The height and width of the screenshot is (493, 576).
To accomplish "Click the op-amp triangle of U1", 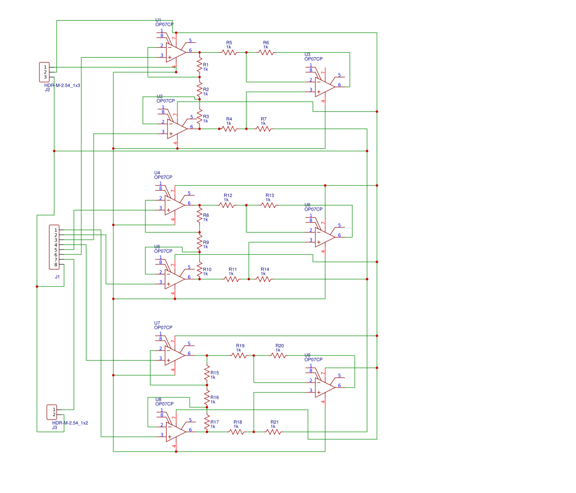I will (x=175, y=52).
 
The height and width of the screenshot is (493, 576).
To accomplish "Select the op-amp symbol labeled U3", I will (x=324, y=86).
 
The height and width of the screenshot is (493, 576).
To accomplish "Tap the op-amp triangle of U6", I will (x=324, y=237).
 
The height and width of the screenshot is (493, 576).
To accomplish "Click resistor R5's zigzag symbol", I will (x=229, y=52).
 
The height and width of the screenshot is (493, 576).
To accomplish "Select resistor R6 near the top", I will (x=266, y=52).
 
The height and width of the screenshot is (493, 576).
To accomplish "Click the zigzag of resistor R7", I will (x=264, y=129).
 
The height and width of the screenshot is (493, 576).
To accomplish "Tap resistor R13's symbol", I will (x=269, y=205).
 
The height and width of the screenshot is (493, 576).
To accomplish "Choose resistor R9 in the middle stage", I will (x=200, y=243).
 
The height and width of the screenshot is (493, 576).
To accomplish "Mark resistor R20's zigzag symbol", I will (x=278, y=355).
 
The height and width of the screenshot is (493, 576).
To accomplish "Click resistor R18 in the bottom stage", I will (x=237, y=432).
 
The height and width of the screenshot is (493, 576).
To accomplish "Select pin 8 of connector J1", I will (x=56, y=265).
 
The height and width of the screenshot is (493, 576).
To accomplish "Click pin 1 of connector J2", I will (x=45, y=67).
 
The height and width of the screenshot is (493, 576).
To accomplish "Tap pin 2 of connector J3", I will (x=54, y=415).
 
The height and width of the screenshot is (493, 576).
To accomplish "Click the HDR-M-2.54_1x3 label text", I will (x=62, y=85).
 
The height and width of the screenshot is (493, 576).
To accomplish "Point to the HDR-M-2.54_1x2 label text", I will (x=70, y=423).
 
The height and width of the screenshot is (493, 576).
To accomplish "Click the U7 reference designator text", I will (x=157, y=323).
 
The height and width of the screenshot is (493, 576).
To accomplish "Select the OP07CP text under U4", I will (x=163, y=177).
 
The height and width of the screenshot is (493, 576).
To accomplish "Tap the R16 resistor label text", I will (x=214, y=397).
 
